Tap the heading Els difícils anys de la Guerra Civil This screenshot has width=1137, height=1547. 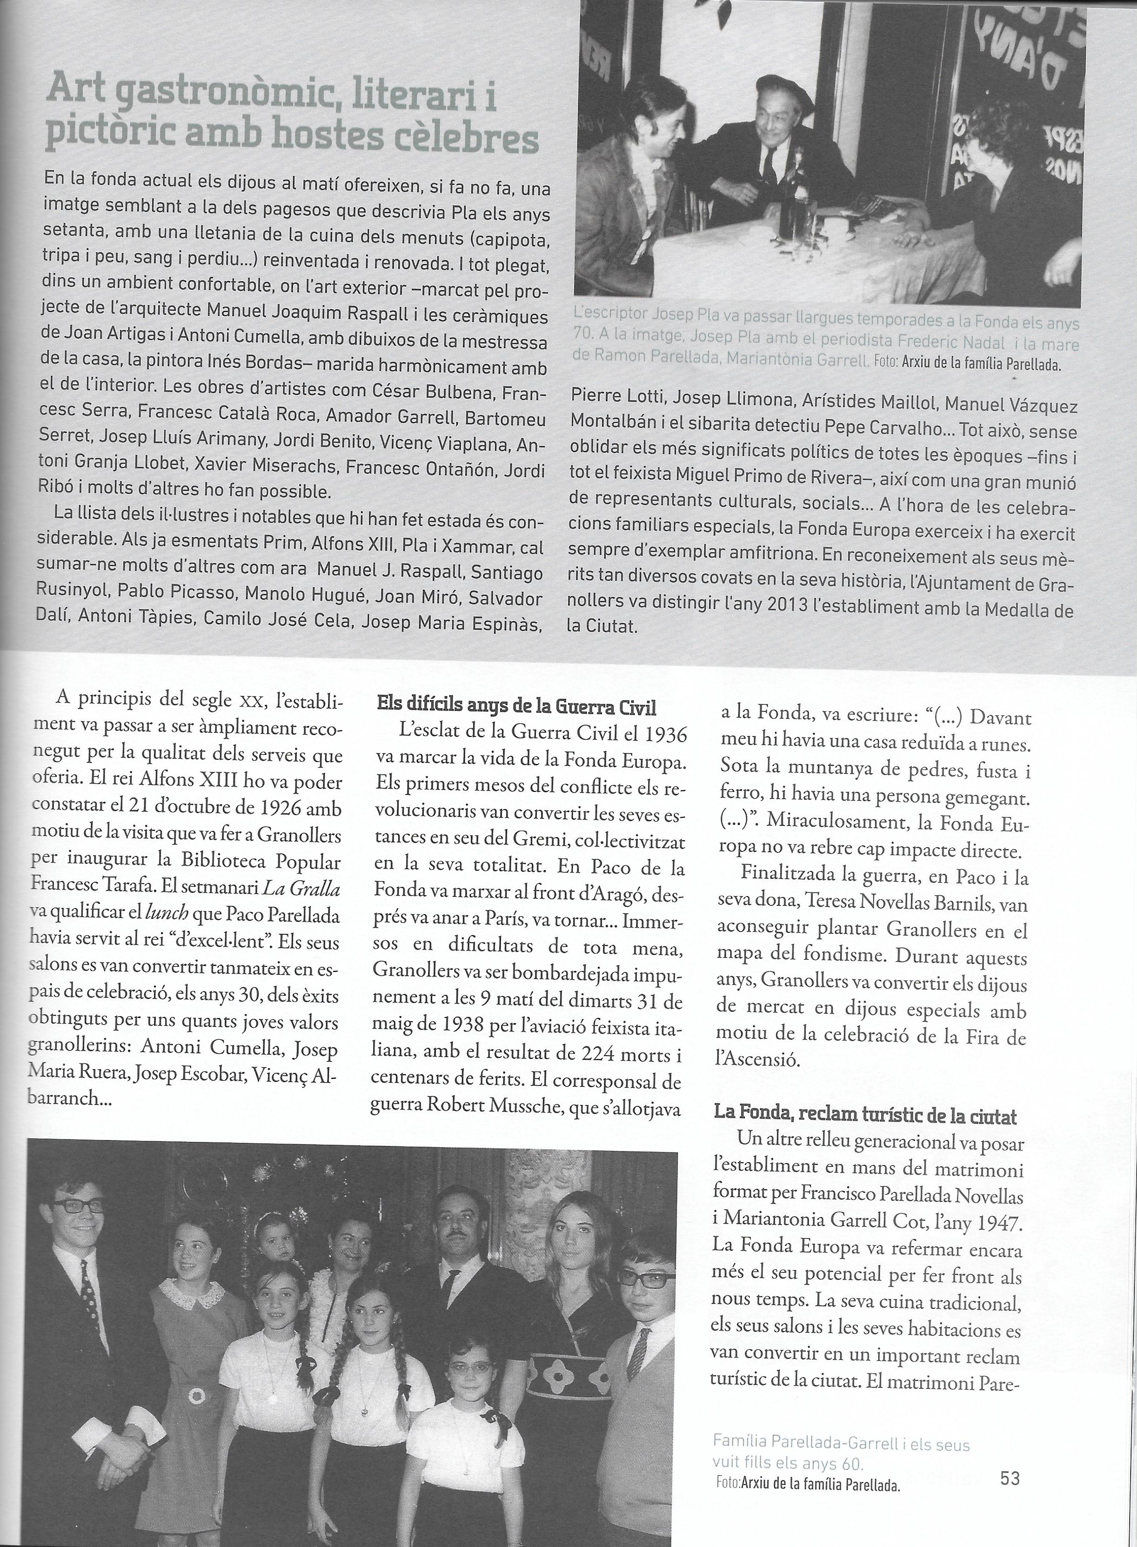[x=517, y=706]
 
